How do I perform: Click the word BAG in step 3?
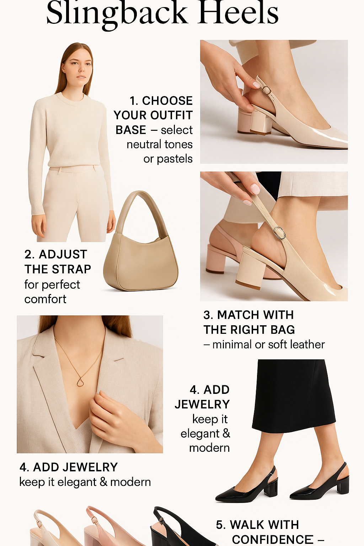pyautogui.click(x=283, y=330)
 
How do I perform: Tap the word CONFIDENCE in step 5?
pyautogui.click(x=273, y=539)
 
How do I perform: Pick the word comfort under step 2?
pyautogui.click(x=45, y=299)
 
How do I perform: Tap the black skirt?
pyautogui.click(x=293, y=395)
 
